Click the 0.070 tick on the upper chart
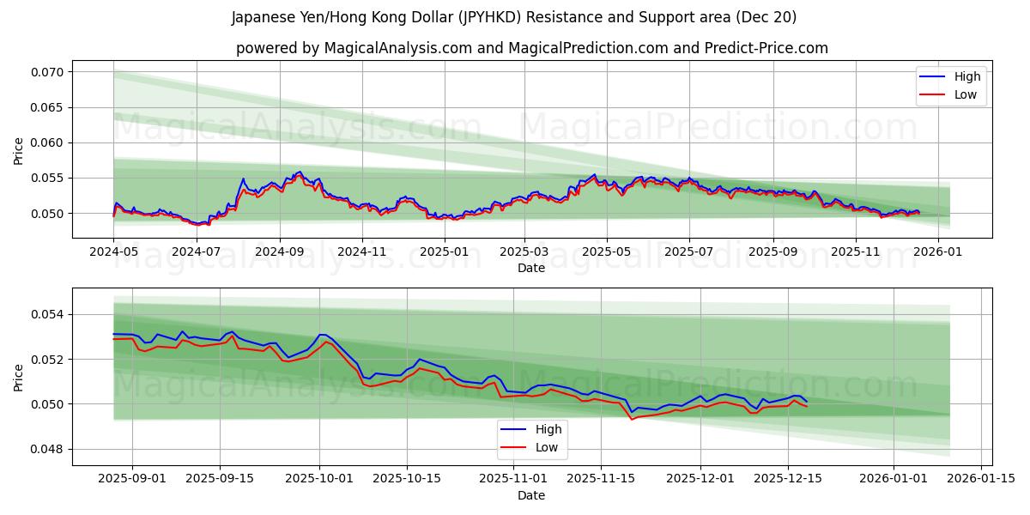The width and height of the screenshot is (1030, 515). (48, 72)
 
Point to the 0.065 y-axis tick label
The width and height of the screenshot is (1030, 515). (48, 107)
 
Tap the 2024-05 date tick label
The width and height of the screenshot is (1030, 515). (113, 251)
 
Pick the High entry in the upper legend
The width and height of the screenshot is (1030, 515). (966, 77)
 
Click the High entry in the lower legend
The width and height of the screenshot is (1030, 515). (548, 429)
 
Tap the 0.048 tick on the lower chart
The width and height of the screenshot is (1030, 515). (48, 450)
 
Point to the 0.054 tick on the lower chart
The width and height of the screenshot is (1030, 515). (48, 315)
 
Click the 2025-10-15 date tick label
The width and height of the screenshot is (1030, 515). (409, 479)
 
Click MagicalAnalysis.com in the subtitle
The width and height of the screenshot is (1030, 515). (397, 48)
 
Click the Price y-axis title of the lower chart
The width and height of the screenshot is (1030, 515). (19, 377)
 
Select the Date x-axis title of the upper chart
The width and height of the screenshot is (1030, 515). (531, 268)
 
